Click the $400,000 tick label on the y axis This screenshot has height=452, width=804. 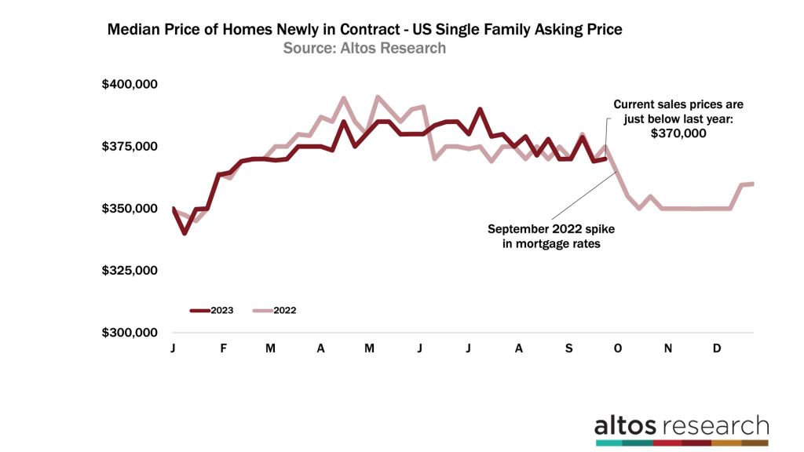coord(130,84)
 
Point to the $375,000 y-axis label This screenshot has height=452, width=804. coord(130,147)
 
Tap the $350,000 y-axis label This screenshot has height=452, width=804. coord(130,209)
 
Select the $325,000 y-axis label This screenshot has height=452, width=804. coord(130,271)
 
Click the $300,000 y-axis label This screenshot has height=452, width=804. coord(130,333)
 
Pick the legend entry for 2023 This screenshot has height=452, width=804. coord(212,310)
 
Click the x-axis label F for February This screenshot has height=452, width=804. coord(223,348)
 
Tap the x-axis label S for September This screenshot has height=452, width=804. coord(570,348)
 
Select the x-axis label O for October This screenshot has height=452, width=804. coord(617,348)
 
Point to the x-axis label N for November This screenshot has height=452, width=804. coord(667,348)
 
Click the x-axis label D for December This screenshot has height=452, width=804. coord(716,348)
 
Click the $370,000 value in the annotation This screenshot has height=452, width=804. coord(678,134)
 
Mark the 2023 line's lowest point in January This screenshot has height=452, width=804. coord(184,233)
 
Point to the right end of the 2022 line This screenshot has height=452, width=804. coord(753,184)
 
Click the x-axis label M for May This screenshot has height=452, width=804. coord(370,348)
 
